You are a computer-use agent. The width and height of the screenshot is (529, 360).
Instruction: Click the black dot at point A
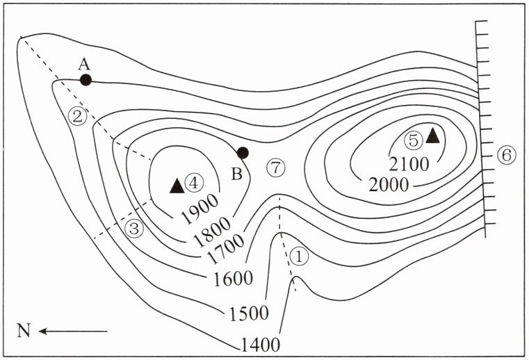(86, 79)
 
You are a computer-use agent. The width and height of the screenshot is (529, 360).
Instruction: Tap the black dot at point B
(243, 153)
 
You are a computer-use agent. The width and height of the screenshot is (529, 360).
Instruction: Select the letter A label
(84, 64)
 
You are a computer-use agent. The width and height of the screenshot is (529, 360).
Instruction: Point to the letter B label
(236, 174)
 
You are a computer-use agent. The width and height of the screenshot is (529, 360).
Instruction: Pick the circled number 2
(79, 116)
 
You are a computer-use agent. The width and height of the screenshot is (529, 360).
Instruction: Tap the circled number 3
(134, 228)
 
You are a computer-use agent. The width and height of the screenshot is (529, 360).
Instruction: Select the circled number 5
(414, 140)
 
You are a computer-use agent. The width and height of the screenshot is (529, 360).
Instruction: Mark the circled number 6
(505, 155)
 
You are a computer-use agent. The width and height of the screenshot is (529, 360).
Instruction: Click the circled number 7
(276, 167)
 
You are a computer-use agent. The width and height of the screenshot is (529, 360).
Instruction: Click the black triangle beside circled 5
(432, 135)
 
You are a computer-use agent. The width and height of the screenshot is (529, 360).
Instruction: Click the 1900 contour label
(200, 207)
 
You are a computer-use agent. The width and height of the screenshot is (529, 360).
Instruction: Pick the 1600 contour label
(232, 279)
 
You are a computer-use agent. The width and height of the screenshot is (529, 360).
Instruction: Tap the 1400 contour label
(261, 343)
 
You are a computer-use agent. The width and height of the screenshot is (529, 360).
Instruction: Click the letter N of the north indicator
(24, 332)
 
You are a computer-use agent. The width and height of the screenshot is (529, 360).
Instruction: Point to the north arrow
(72, 332)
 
